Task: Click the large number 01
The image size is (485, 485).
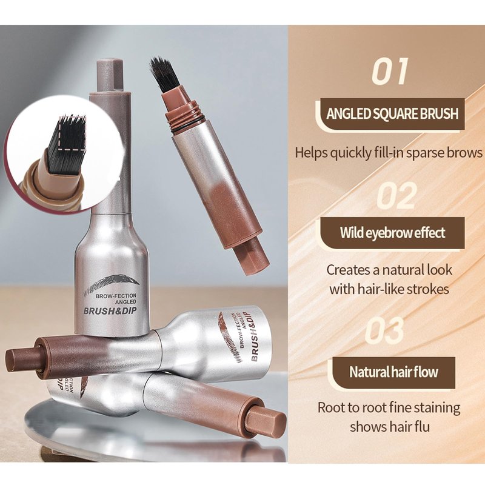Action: tap(390, 72)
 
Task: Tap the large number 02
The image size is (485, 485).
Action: tap(397, 195)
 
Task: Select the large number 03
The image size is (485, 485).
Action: tap(384, 330)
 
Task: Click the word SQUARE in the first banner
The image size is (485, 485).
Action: tap(391, 113)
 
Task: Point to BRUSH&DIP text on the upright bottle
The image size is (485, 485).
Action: tap(110, 311)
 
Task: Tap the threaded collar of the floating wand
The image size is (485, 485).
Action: tap(182, 118)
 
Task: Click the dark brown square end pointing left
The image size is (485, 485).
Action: tap(22, 360)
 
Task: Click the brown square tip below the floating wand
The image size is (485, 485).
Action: tap(252, 257)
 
